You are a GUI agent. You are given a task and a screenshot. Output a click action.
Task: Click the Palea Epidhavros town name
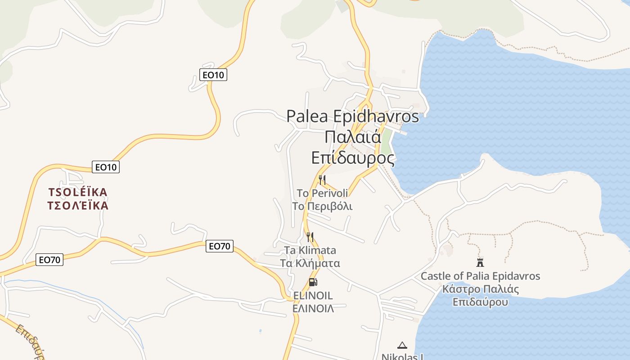click(x=353, y=116)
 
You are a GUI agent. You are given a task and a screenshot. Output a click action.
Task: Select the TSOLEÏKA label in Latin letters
click(x=78, y=193)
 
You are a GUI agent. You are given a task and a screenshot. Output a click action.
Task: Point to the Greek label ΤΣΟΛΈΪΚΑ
click(x=78, y=206)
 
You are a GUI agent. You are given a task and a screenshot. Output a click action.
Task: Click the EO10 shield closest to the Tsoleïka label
click(x=106, y=167)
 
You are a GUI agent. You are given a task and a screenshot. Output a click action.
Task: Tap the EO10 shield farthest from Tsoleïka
click(x=213, y=75)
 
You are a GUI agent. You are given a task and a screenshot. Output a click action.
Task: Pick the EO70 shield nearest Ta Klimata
click(x=220, y=246)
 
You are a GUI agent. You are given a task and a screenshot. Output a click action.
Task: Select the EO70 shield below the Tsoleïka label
click(x=49, y=260)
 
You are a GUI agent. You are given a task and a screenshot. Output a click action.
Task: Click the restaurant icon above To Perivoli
click(x=322, y=180)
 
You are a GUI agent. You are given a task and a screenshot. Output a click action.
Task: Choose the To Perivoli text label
click(x=322, y=193)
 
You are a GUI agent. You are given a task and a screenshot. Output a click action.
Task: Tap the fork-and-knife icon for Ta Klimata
click(x=310, y=237)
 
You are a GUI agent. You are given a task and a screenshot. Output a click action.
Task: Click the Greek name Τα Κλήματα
click(x=310, y=263)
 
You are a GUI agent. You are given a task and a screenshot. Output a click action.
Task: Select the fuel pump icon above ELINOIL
click(x=313, y=283)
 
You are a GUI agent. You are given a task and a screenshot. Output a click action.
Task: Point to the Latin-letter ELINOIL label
click(x=313, y=296)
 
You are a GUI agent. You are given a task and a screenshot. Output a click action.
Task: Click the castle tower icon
click(x=480, y=262)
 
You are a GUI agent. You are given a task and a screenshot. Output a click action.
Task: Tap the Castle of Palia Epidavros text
click(x=480, y=276)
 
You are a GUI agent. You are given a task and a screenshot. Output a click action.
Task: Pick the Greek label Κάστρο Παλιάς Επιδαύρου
click(x=480, y=295)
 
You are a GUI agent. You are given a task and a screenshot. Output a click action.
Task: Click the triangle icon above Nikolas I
click(x=402, y=345)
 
